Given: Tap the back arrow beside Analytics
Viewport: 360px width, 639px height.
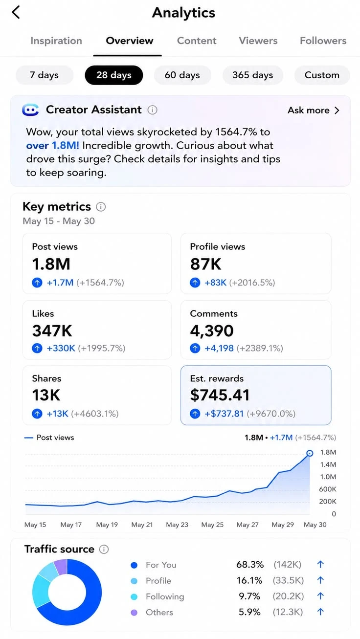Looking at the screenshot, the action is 16,13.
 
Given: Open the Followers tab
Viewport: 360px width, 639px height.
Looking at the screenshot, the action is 323,41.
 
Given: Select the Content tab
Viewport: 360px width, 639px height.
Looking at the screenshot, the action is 197,41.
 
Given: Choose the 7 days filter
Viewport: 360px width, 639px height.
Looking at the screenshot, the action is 44,75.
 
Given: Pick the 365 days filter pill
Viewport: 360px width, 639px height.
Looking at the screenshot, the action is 253,75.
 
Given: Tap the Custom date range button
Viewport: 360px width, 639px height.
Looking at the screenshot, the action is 322,75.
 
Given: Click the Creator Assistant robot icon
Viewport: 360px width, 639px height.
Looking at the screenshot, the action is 30,110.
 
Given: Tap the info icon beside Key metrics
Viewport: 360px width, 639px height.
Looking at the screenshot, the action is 101,206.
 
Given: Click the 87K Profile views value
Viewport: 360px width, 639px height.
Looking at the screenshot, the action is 205,264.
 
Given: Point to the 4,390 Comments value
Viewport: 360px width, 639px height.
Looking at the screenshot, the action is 212,331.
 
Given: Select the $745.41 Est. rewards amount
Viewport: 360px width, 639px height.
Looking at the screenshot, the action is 220,395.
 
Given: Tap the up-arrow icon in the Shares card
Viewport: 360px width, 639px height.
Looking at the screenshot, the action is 37,414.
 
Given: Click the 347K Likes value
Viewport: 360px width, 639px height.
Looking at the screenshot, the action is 52,331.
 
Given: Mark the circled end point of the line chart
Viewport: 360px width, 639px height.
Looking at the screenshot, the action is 310,453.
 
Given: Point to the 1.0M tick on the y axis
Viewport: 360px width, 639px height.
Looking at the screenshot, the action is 328,477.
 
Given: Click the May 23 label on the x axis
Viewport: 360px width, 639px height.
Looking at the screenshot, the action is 177,525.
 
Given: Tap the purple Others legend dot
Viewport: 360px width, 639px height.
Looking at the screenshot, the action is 134,612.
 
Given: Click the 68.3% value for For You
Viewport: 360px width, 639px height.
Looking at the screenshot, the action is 250,565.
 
